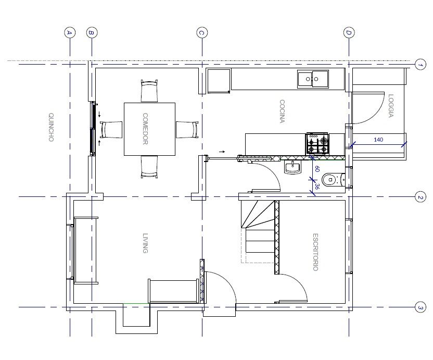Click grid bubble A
(x=70, y=33)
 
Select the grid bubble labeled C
(x=202, y=33)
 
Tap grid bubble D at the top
(x=349, y=33)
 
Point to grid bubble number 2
(x=420, y=197)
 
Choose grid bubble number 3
(x=420, y=307)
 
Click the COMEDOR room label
(x=145, y=129)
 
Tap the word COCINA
(x=282, y=111)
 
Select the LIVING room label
(x=145, y=243)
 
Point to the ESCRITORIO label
(x=315, y=252)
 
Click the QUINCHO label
(x=51, y=127)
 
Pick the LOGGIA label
(x=391, y=106)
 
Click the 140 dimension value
(x=378, y=140)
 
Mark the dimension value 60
(x=317, y=169)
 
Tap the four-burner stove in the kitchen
(x=317, y=143)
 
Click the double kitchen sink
(x=313, y=79)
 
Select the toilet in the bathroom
(x=333, y=179)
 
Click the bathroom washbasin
(x=292, y=168)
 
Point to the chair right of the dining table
(x=187, y=129)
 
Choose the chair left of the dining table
(x=111, y=129)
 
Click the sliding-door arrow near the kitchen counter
(x=222, y=152)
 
